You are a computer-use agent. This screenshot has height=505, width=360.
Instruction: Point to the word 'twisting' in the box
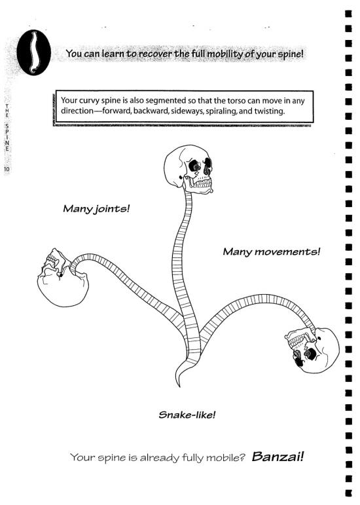pyautogui.click(x=270, y=111)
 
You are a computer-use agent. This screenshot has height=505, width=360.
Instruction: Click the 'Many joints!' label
pyautogui.click(x=96, y=209)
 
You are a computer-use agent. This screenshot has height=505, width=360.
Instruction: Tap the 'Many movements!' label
pyautogui.click(x=272, y=252)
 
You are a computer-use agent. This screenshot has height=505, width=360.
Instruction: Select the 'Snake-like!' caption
pyautogui.click(x=187, y=415)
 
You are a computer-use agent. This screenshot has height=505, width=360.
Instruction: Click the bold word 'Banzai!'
pyautogui.click(x=278, y=456)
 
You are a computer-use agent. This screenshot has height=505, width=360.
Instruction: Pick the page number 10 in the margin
pyautogui.click(x=7, y=169)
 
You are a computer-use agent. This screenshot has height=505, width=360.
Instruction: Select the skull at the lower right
pyautogui.click(x=312, y=350)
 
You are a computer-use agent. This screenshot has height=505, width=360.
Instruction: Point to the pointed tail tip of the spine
pyautogui.click(x=179, y=386)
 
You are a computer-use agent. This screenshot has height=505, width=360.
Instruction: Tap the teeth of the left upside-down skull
pyautogui.click(x=53, y=260)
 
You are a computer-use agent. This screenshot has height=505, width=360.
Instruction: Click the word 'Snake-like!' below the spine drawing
pyautogui.click(x=187, y=415)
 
